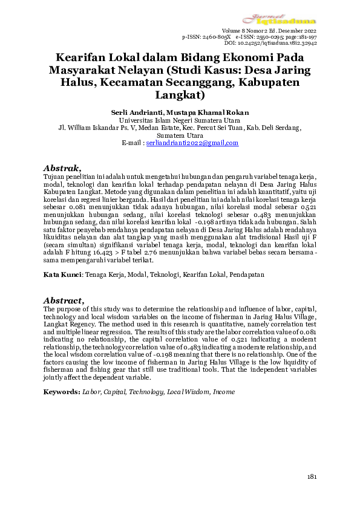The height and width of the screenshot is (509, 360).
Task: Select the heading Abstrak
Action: point(62,167)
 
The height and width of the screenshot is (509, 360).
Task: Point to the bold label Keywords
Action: point(61,392)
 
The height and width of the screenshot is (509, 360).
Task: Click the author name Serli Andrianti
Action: point(133,112)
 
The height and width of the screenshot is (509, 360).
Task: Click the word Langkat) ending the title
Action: point(180,95)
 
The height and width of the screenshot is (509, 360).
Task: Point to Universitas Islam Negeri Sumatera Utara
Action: point(180,120)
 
